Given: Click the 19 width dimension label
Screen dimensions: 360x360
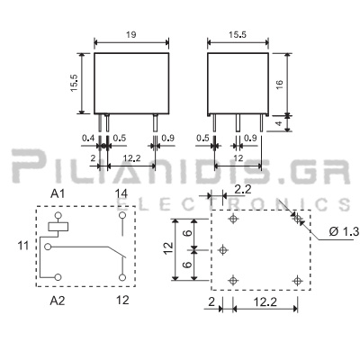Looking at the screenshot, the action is pyautogui.click(x=131, y=35).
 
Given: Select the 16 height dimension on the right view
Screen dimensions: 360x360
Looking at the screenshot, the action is pyautogui.click(x=279, y=85).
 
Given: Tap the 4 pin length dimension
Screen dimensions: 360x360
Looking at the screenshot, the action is pyautogui.click(x=279, y=123).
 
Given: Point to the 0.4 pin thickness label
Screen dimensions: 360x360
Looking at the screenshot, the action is pyautogui.click(x=88, y=139).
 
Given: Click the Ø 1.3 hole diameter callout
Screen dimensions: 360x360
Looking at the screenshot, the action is pyautogui.click(x=344, y=231).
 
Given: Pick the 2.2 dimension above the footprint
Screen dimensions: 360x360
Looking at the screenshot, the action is pyautogui.click(x=243, y=190).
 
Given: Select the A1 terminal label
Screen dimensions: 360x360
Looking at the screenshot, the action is pyautogui.click(x=58, y=194).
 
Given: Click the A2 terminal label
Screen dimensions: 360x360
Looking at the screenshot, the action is pyautogui.click(x=58, y=301).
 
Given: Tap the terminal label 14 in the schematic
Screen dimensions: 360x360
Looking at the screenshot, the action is pyautogui.click(x=121, y=194).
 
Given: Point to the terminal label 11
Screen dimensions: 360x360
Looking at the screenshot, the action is pyautogui.click(x=23, y=246).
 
